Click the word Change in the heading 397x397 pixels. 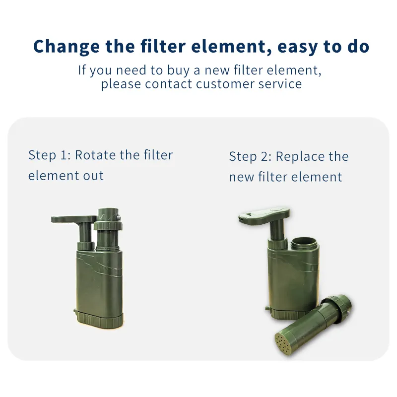(x=66, y=47)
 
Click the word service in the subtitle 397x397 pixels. (x=280, y=84)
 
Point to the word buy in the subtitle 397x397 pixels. (x=178, y=70)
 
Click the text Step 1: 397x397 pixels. (x=50, y=155)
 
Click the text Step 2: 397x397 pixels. (x=251, y=156)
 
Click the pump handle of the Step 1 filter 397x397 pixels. (x=73, y=219)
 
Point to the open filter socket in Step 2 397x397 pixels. (x=304, y=243)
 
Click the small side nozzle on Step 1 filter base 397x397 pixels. (x=75, y=311)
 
